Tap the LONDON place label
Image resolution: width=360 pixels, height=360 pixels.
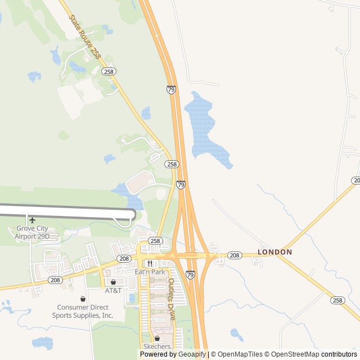coord(275,252)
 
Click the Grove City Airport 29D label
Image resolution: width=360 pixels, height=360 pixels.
coord(32,232)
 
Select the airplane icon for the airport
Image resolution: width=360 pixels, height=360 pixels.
coord(32,220)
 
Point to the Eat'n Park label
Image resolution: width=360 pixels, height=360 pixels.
coord(150,272)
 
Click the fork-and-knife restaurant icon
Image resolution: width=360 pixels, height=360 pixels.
coord(150,263)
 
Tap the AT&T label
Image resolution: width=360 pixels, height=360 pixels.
coord(113,290)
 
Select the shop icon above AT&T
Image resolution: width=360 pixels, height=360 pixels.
coord(113,282)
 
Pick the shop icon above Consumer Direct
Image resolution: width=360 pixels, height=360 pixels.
coord(83,299)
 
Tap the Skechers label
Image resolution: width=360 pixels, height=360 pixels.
coord(157,346)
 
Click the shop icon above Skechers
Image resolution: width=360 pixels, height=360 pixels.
coord(157,338)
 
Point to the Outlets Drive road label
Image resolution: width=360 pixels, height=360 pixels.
coord(171,300)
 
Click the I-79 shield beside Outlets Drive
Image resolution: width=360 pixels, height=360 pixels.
coord(191,274)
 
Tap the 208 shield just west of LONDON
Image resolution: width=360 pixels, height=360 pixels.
coord(235,255)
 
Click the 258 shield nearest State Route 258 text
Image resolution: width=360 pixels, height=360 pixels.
coord(109,71)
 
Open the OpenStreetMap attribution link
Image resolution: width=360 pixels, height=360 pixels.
coord(292,354)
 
